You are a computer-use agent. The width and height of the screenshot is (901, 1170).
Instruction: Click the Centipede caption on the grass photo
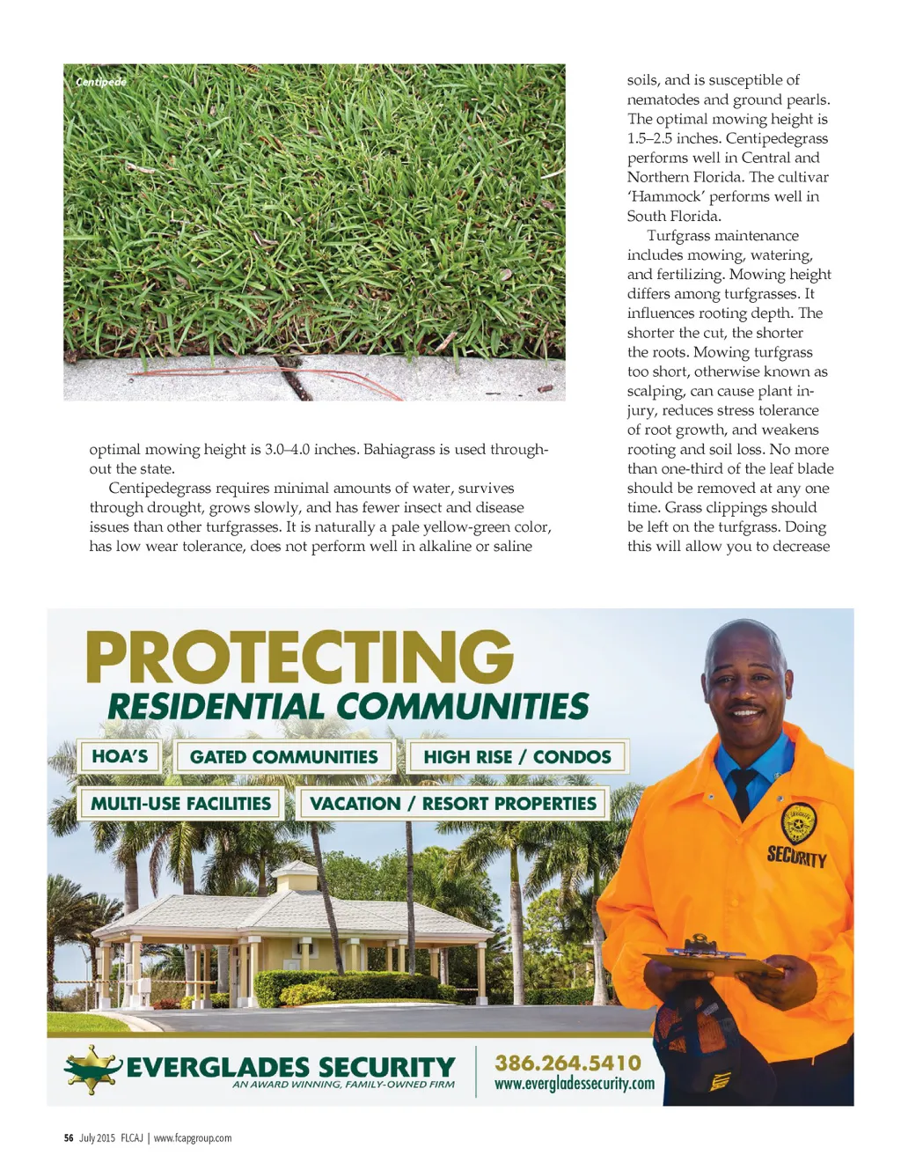(x=101, y=82)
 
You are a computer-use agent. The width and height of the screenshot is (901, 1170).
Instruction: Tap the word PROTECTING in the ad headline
(x=299, y=658)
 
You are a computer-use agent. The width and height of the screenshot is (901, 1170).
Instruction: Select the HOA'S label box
(x=120, y=756)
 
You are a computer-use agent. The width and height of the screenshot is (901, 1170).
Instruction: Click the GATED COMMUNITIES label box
(x=283, y=757)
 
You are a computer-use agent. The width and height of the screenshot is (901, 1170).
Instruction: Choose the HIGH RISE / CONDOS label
(x=516, y=757)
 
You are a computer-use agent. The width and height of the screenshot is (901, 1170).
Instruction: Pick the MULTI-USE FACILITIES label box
(x=180, y=804)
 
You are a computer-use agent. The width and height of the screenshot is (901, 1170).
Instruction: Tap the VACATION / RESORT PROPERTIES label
(x=452, y=804)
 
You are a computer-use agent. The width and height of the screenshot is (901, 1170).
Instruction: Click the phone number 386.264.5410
(x=568, y=1063)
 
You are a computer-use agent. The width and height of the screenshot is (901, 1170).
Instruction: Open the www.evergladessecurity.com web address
(x=574, y=1084)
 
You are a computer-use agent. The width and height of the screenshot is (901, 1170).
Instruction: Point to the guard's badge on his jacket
(x=799, y=822)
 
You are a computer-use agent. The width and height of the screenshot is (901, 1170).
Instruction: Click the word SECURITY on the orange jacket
(x=796, y=856)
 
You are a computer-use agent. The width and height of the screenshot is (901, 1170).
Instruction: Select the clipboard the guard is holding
(x=713, y=960)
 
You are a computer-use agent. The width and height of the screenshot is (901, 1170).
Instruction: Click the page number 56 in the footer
(x=69, y=1138)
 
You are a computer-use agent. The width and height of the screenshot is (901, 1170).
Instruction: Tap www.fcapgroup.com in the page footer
(x=193, y=1138)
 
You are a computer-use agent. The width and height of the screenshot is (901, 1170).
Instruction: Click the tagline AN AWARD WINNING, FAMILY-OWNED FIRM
(x=343, y=1085)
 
